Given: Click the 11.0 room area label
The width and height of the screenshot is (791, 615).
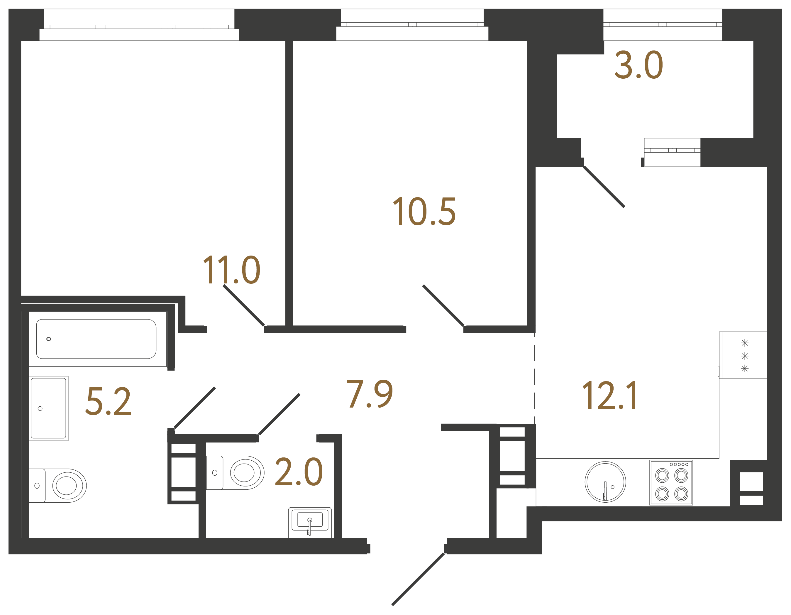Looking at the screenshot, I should click(x=231, y=270).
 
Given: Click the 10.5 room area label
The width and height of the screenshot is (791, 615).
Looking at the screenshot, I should click(x=424, y=212).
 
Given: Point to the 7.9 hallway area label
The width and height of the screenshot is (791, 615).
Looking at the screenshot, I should click(x=370, y=394).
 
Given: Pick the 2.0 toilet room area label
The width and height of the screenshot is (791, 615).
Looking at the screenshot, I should click(x=299, y=472).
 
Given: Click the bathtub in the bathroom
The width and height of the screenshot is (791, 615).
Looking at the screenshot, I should click(x=96, y=339).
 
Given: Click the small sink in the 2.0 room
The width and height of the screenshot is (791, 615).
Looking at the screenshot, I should click(x=310, y=522).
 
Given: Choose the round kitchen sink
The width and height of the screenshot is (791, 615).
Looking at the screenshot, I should click(x=605, y=482).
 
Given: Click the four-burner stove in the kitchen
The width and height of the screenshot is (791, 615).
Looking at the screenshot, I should click(x=671, y=483).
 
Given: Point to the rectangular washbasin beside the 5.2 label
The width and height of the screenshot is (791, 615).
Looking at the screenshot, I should click(x=48, y=408).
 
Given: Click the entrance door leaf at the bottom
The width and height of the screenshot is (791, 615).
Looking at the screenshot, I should click(x=418, y=579).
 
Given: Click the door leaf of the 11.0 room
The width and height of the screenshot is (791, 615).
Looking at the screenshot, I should click(x=244, y=305).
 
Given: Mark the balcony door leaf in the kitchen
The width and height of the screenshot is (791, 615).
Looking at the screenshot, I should click(x=604, y=187).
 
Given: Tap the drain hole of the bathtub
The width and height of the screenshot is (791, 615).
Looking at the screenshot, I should click(x=48, y=339).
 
